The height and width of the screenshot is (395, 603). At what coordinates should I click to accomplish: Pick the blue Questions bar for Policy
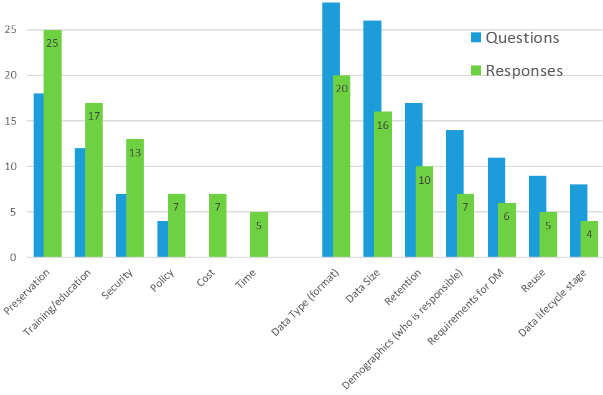tap(162, 239)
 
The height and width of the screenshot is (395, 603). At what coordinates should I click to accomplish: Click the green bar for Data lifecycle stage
tap(589, 239)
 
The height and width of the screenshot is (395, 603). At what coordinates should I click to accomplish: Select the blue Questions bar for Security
tap(121, 226)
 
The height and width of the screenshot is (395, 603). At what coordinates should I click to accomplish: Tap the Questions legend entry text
tap(522, 38)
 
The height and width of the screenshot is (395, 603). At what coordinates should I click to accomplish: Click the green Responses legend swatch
tap(476, 70)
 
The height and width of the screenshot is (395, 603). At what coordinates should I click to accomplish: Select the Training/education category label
tap(57, 303)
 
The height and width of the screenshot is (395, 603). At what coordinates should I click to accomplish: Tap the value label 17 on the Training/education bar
tap(93, 116)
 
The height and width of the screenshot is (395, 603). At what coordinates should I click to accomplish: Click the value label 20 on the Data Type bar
tap(341, 88)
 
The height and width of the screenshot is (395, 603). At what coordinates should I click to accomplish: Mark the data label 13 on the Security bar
tap(134, 153)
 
